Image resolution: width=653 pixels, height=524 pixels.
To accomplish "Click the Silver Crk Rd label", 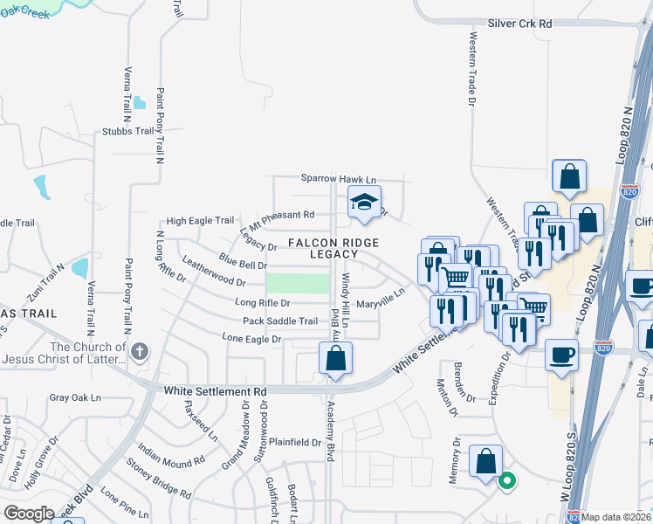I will (520, 25).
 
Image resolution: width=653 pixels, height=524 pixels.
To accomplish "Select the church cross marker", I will (140, 351).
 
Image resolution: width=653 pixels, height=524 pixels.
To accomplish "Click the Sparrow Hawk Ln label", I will (338, 177).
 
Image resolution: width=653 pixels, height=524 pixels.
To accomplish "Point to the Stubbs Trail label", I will (127, 131).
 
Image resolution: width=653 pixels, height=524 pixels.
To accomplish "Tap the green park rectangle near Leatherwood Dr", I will (298, 283).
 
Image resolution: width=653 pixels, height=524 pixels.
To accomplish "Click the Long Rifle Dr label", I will (262, 303).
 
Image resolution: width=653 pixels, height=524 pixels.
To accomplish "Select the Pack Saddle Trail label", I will (280, 321).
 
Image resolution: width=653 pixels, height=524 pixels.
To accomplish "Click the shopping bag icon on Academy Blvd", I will (336, 358).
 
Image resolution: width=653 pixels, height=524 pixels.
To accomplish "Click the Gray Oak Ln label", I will (76, 397).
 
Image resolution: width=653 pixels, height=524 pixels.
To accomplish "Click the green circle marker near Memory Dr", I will (505, 479).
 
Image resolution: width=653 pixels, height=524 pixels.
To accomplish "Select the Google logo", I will (28, 514).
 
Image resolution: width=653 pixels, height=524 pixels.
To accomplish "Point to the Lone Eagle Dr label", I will (251, 338).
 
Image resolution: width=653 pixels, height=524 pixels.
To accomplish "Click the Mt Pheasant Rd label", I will (281, 215).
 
